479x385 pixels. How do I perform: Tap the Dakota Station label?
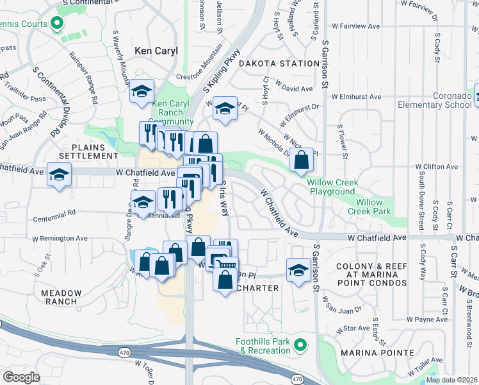(279, 64)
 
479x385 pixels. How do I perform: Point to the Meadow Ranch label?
(61, 297)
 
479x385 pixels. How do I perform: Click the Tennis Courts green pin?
(56, 24)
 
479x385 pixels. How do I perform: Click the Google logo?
(22, 377)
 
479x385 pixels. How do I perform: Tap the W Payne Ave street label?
(425, 319)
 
